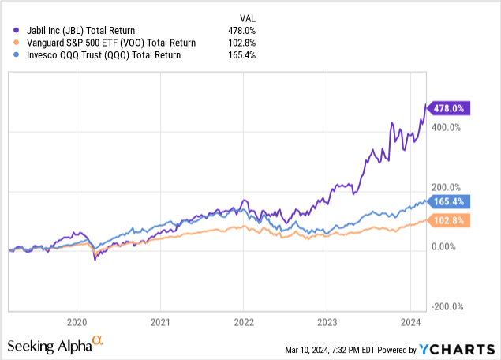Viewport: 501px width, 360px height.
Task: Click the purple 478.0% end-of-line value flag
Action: tap(449, 108)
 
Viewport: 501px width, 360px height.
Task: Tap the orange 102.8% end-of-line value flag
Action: tap(449, 222)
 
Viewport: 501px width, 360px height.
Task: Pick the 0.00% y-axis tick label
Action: tap(447, 247)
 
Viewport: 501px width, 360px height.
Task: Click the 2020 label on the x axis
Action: tap(77, 322)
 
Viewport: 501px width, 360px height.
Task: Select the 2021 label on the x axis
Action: tap(160, 322)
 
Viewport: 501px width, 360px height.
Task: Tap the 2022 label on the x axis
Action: tap(244, 322)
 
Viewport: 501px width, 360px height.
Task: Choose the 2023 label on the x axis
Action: tap(327, 322)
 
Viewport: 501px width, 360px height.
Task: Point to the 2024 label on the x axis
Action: tap(411, 322)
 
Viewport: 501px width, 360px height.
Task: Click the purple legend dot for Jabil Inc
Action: tap(16, 31)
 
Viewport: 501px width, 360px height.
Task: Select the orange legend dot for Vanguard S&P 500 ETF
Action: tap(16, 43)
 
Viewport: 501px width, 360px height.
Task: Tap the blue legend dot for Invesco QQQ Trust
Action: tap(16, 55)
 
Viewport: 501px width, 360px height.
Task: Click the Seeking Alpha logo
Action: tap(54, 345)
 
